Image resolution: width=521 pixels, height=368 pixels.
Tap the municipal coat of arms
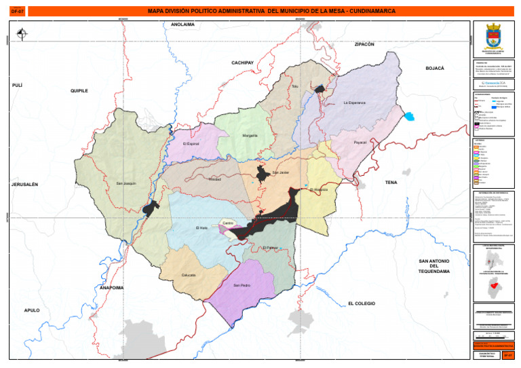pos(493,36)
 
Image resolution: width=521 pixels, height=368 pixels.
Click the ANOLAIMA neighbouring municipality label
pos(182,24)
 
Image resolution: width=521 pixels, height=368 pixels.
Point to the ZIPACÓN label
pos(364,44)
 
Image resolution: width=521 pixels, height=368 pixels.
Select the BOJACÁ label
pos(434,69)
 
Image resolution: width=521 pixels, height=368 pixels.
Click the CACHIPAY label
pos(242,62)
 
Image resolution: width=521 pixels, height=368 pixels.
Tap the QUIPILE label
pos(79,90)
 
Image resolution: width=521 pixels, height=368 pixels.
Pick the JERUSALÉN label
pos(24,185)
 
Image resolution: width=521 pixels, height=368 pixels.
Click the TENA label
pos(391,183)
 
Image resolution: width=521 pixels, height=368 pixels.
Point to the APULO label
pos(32,310)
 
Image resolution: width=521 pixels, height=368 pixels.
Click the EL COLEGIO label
pos(361,303)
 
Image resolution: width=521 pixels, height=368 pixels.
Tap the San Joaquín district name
pos(126,184)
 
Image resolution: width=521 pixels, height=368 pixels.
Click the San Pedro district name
pos(242,285)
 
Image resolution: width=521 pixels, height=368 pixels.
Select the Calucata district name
pos(189,275)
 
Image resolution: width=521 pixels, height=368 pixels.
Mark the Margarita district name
pos(250,136)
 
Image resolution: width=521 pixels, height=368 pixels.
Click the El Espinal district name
pos(191,144)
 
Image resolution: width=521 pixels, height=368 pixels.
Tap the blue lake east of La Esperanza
pos(408,116)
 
